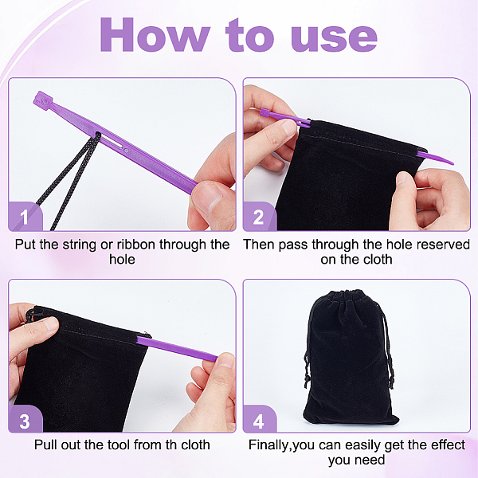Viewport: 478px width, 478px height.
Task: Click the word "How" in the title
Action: click(x=155, y=34)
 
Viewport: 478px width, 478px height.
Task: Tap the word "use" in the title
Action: click(x=334, y=38)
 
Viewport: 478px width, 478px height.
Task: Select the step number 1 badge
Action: click(x=25, y=216)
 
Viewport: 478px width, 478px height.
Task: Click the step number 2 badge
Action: click(x=259, y=217)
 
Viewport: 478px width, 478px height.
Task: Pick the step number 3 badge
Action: click(x=25, y=421)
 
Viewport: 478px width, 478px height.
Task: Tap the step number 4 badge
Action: click(x=259, y=421)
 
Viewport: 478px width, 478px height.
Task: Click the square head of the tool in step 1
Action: click(x=43, y=100)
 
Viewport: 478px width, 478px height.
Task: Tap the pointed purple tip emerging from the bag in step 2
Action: click(x=435, y=157)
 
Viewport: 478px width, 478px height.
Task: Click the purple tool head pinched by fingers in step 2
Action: click(x=266, y=113)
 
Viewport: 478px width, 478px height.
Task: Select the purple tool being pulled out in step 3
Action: click(x=177, y=348)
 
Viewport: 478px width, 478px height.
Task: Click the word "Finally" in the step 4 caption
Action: click(x=268, y=445)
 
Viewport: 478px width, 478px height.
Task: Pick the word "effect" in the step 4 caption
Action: click(x=448, y=445)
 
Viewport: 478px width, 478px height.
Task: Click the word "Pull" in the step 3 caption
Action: click(x=45, y=445)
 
